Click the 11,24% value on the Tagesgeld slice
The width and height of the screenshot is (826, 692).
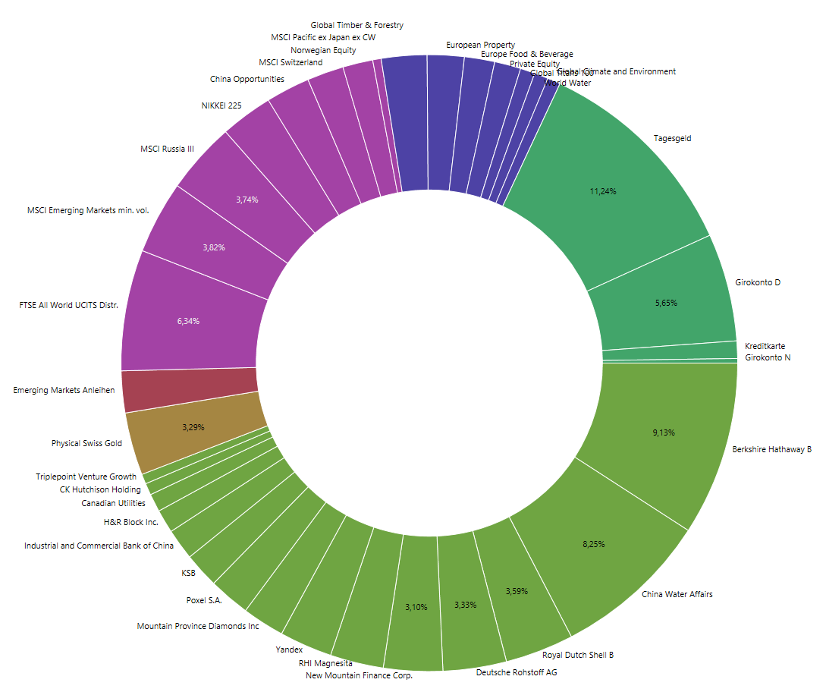point(602,191)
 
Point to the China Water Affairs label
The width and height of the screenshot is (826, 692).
point(677,594)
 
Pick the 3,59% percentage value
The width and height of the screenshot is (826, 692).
point(517,591)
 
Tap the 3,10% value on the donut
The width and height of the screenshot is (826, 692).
point(416,607)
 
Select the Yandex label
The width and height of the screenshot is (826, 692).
point(289,650)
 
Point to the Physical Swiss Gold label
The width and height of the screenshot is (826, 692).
point(86,443)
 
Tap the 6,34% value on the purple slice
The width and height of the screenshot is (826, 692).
point(188,321)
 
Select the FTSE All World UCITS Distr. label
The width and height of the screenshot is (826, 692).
point(68,305)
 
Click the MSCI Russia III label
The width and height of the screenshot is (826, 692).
point(167,149)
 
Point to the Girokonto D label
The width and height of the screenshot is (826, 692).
point(758,282)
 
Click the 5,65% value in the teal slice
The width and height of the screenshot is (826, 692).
point(665,303)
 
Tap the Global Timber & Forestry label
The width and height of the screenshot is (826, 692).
point(356,25)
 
